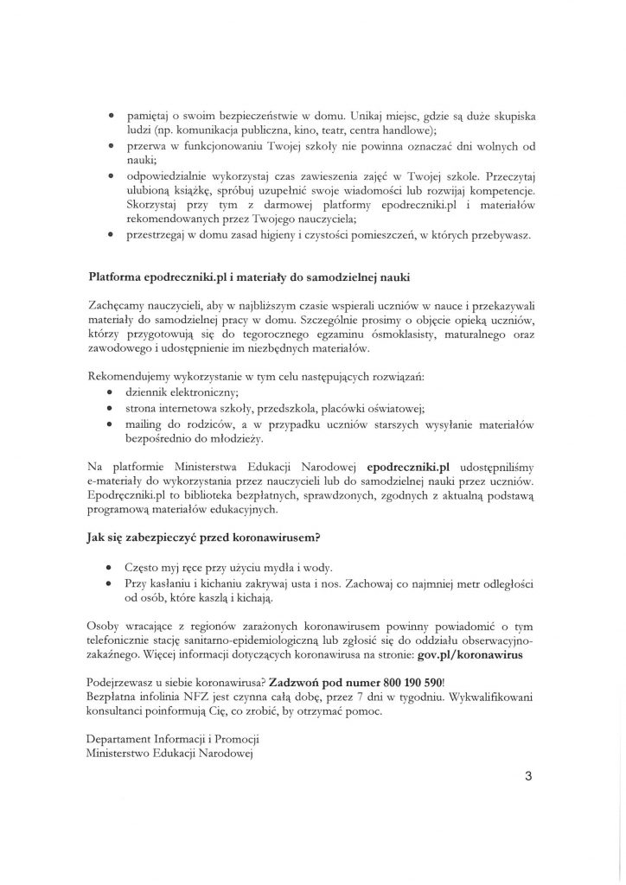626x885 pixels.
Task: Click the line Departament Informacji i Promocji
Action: click(x=174, y=741)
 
